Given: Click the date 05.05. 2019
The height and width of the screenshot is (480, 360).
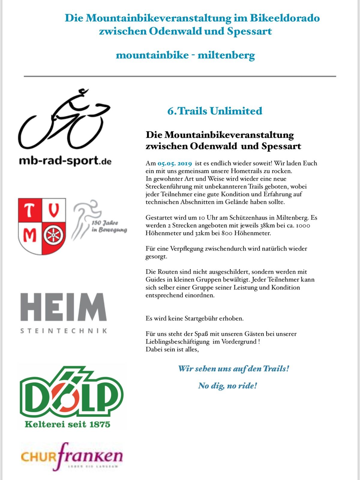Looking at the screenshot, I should pyautogui.click(x=175, y=163).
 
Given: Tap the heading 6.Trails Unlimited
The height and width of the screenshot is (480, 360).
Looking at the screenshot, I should pyautogui.click(x=215, y=111).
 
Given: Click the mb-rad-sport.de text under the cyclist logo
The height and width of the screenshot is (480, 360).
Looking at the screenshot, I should pyautogui.click(x=65, y=161).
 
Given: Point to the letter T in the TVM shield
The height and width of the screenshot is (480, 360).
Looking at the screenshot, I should pyautogui.click(x=29, y=211).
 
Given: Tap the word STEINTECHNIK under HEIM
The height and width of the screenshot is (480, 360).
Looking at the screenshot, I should pyautogui.click(x=64, y=331).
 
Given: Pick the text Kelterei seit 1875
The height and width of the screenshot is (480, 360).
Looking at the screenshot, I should pyautogui.click(x=67, y=424).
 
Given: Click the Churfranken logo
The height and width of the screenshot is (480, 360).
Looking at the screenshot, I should pyautogui.click(x=72, y=457).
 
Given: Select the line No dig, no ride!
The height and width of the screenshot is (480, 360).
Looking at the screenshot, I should pyautogui.click(x=227, y=385).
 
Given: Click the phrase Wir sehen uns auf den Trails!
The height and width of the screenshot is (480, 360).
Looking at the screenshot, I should pyautogui.click(x=234, y=368).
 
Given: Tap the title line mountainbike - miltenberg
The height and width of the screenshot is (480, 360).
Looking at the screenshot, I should pyautogui.click(x=185, y=55).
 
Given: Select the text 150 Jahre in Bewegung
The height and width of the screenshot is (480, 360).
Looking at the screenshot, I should pyautogui.click(x=109, y=226).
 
